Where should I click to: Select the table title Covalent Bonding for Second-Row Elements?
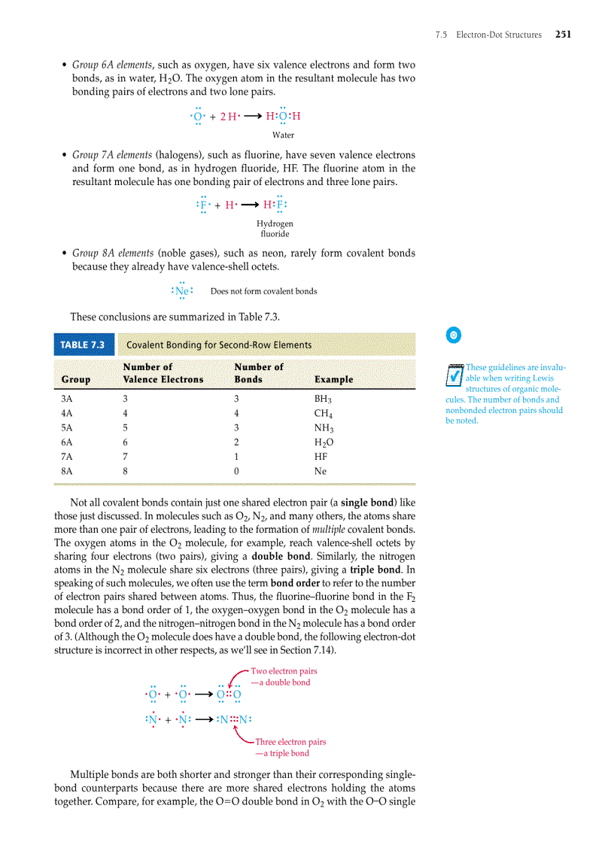click(x=218, y=345)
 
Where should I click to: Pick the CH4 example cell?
click(x=323, y=414)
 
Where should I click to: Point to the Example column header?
click(x=333, y=379)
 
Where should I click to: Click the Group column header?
click(x=76, y=379)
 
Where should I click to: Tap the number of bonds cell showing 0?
click(x=237, y=471)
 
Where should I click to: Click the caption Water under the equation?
click(x=283, y=135)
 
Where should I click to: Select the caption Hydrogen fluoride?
click(x=275, y=229)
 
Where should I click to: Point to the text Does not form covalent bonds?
click(x=263, y=291)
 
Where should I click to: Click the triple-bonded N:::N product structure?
click(x=233, y=719)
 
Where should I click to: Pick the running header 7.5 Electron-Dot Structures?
click(x=488, y=35)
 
